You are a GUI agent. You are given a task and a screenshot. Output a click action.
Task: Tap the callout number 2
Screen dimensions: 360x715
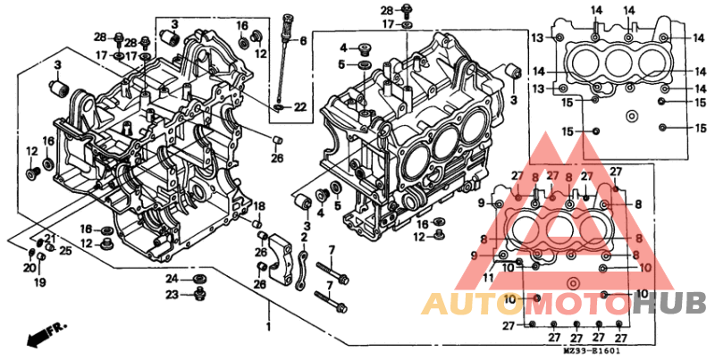pyautogui.click(x=304, y=237)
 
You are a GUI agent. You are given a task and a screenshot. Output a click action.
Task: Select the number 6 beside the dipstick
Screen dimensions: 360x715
pyautogui.click(x=302, y=41)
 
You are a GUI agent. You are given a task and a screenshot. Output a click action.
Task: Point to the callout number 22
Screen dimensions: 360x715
pyautogui.click(x=299, y=107)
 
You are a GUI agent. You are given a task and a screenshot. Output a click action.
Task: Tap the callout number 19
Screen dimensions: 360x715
pyautogui.click(x=39, y=283)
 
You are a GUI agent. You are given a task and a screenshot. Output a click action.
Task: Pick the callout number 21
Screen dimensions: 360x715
pyautogui.click(x=49, y=237)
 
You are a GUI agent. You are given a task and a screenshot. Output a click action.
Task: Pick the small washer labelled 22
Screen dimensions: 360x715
pyautogui.click(x=281, y=107)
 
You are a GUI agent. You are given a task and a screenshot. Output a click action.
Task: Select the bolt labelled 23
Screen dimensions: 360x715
pyautogui.click(x=201, y=293)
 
